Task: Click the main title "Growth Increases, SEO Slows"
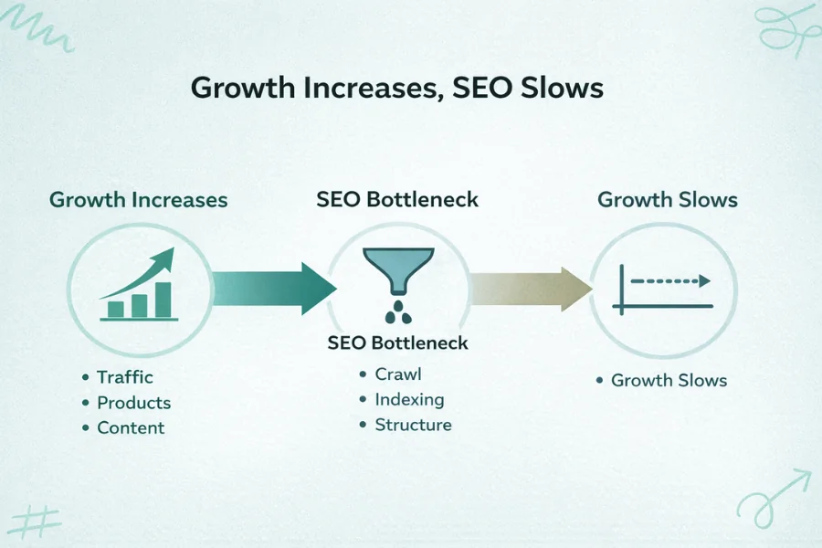397,90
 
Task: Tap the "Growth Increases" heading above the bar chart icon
138,199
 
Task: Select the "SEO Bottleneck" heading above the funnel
397,199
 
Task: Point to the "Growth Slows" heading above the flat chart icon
668,199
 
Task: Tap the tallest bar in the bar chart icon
163,299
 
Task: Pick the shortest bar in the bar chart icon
116,309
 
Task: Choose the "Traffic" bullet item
125,377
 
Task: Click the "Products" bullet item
133,403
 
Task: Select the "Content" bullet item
131,428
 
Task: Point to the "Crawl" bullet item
398,374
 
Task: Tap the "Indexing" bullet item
409,400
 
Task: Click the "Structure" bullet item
413,425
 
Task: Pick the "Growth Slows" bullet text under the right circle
669,380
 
